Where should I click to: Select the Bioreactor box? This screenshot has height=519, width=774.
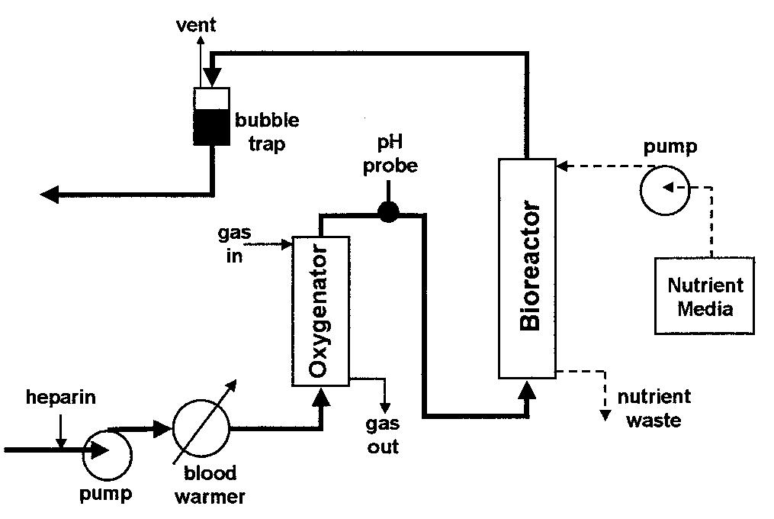coord(527,268)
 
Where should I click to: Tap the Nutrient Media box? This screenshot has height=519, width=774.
coord(705,296)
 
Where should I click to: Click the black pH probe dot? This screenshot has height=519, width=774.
coord(388,212)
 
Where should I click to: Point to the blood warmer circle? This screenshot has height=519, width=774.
coord(201,428)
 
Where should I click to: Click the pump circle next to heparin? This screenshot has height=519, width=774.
coord(107,451)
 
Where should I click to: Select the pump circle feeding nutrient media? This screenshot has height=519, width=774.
coord(663,188)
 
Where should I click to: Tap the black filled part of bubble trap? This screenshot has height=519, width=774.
coord(211,127)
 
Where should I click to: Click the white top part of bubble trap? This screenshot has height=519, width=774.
coord(211,98)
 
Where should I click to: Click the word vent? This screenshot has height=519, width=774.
coord(196,24)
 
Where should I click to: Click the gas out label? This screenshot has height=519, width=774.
coord(383,436)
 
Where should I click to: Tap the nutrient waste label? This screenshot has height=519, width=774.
coord(654,408)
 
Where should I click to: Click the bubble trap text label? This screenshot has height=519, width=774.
coord(266,131)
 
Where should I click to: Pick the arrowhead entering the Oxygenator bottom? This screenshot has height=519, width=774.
coord(321,395)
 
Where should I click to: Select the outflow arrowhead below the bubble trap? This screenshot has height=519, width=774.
coord(50,195)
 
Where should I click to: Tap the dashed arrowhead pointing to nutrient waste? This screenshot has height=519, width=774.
coord(605,415)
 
